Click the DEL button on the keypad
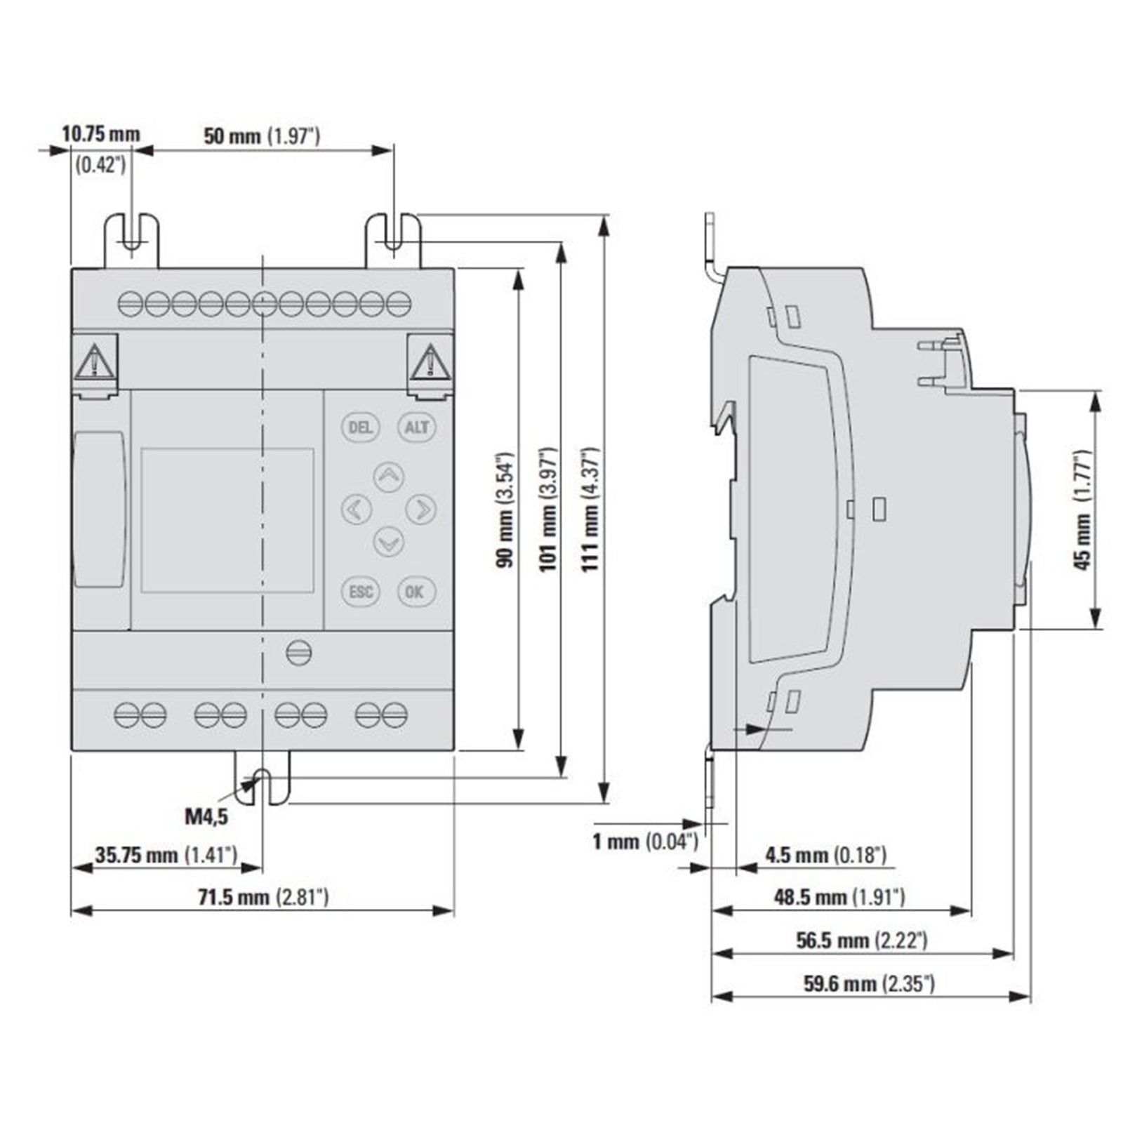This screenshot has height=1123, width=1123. (x=360, y=427)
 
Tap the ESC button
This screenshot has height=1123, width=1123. (x=361, y=592)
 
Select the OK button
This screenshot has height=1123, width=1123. (x=416, y=592)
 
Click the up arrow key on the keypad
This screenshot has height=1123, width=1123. (x=388, y=477)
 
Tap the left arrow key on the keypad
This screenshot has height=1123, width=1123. (x=357, y=509)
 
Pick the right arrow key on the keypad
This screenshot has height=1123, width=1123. (x=420, y=509)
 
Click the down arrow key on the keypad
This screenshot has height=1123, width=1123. (x=388, y=541)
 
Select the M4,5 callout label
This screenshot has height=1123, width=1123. (x=206, y=816)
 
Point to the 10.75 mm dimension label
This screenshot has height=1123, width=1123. (x=101, y=133)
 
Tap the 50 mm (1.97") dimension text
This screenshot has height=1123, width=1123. (x=262, y=135)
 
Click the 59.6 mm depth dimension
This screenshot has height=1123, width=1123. (x=869, y=983)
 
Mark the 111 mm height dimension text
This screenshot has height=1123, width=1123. (x=590, y=509)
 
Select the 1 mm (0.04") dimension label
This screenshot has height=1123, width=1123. (x=645, y=841)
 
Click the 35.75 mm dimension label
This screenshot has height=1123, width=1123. (x=166, y=855)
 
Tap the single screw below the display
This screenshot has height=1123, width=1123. (x=299, y=653)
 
